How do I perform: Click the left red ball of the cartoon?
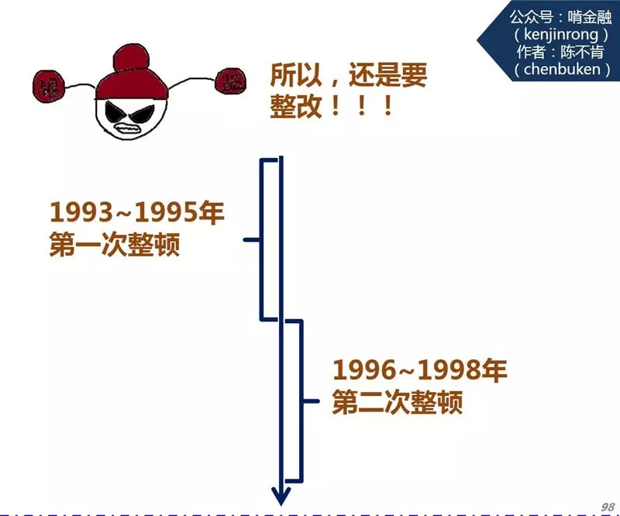pyautogui.click(x=50, y=84)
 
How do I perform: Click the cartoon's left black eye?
pyautogui.click(x=115, y=108)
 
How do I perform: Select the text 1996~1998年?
pyautogui.click(x=419, y=371)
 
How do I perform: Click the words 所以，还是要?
pyautogui.click(x=348, y=75)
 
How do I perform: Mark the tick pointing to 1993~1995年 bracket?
pyautogui.click(x=251, y=239)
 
